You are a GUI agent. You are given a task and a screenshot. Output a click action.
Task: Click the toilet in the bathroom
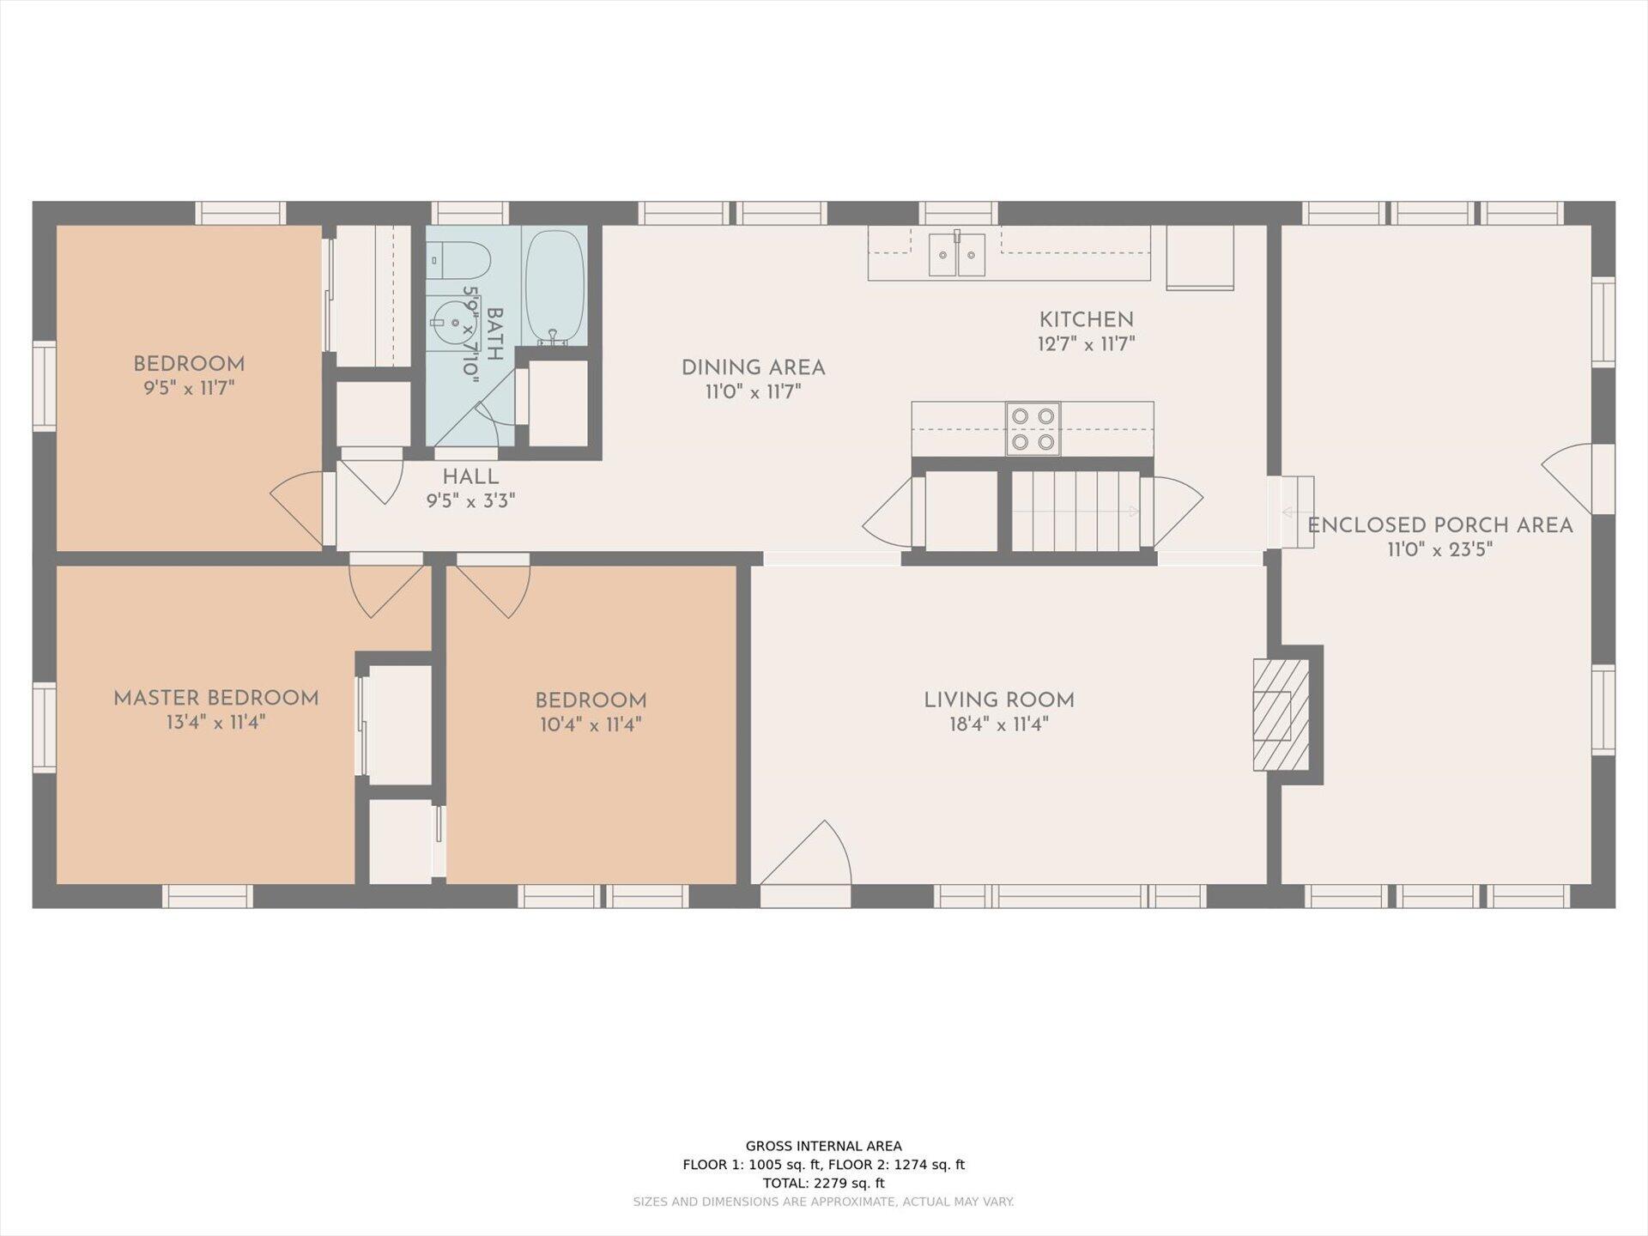[458, 259]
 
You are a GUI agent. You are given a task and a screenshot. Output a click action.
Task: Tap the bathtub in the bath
[554, 286]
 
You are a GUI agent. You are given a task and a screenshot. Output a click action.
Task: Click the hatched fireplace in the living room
[1281, 714]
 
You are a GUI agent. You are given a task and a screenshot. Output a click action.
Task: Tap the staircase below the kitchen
[1076, 511]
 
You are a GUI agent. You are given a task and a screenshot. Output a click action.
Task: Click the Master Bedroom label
[216, 699]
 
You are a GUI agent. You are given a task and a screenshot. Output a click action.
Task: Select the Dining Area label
[754, 368]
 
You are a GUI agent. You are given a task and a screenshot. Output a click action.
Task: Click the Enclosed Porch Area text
[1440, 525]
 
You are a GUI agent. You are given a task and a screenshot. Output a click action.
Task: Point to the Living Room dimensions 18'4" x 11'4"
[999, 724]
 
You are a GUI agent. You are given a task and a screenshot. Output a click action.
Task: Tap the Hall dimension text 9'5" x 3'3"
[470, 501]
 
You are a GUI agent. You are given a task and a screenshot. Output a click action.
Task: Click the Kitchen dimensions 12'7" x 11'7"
[1087, 344]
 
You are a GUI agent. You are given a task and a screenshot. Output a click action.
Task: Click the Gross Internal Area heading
[824, 1146]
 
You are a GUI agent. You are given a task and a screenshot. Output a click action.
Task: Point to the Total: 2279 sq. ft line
[824, 1183]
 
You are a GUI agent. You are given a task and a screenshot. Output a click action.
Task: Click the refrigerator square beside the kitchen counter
[1200, 257]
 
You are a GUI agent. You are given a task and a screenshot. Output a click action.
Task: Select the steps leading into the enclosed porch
[1291, 512]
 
